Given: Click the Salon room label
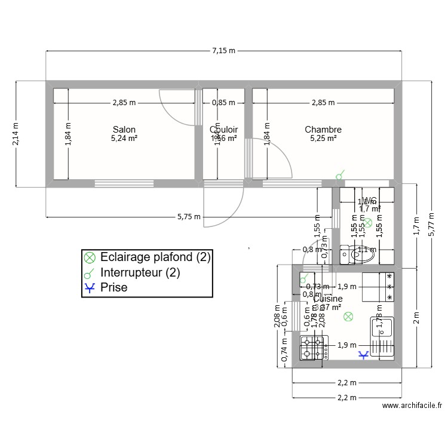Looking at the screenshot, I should pyautogui.click(x=124, y=130).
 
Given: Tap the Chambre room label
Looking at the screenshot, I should pyautogui.click(x=323, y=130).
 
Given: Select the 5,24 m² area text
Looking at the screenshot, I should pyautogui.click(x=124, y=139).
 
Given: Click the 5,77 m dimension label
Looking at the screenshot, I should pyautogui.click(x=431, y=223).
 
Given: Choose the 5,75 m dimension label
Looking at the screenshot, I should pyautogui.click(x=189, y=217).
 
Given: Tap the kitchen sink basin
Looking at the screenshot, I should pyautogui.click(x=381, y=327).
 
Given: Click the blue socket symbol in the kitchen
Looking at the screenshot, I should pyautogui.click(x=363, y=355).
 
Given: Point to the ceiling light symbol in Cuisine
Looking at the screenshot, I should pyautogui.click(x=348, y=317).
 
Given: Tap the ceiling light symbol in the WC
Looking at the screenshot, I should pyautogui.click(x=369, y=223).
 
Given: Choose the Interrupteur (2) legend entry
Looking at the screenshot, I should pyautogui.click(x=140, y=272).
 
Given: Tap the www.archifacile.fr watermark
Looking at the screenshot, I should pyautogui.click(x=412, y=406).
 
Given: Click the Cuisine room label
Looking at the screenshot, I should pyautogui.click(x=328, y=299).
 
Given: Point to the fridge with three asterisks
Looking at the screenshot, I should pyautogui.click(x=377, y=287).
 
